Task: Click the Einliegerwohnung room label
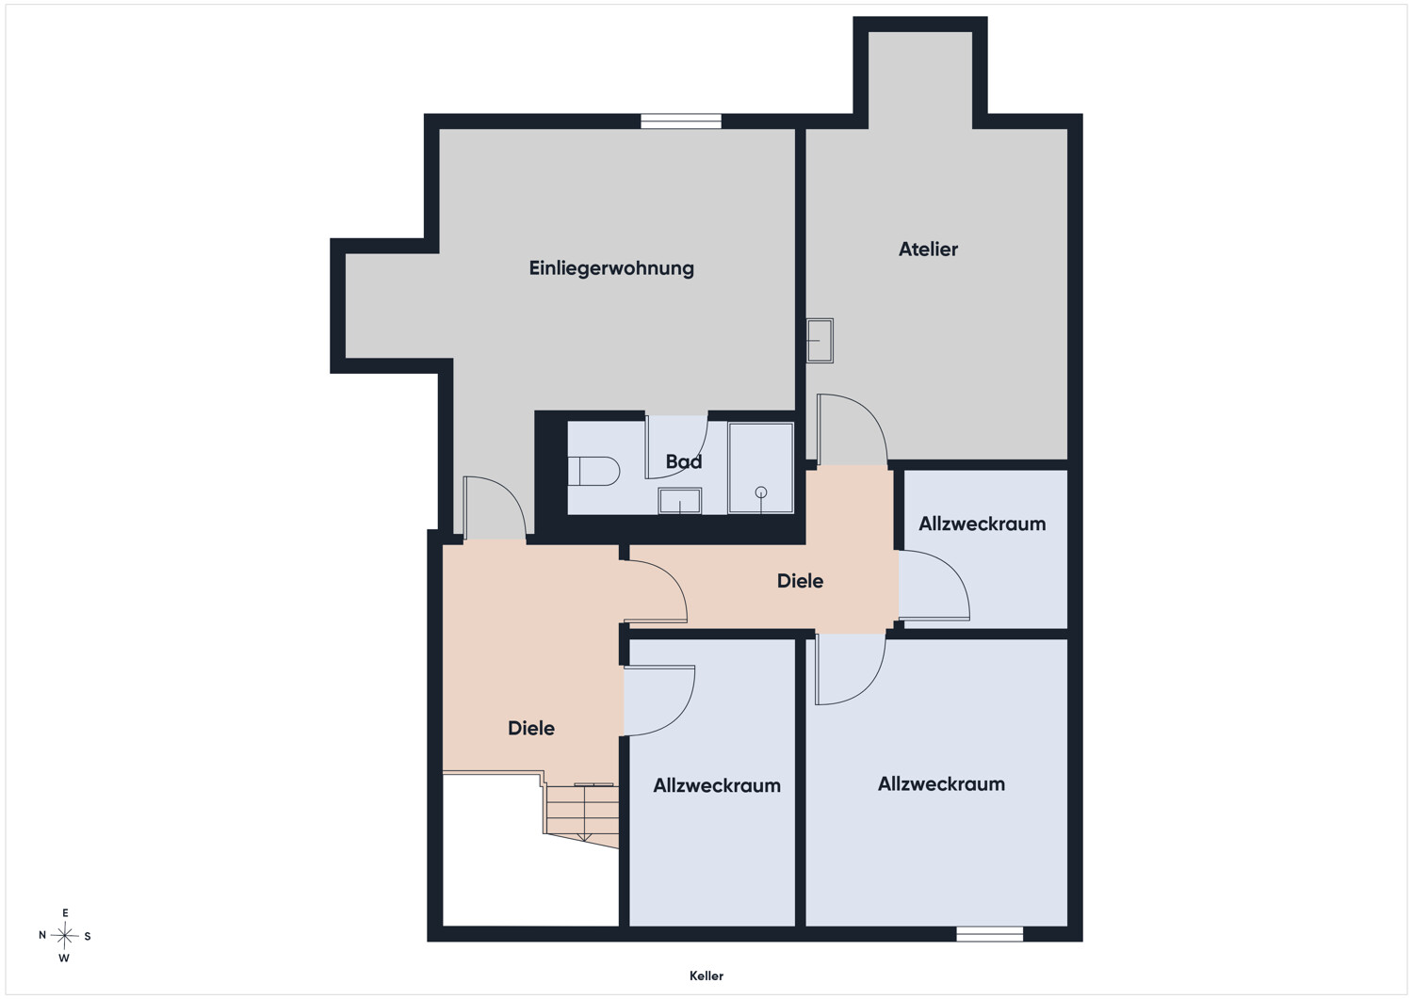tap(611, 268)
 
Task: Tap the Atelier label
tap(928, 250)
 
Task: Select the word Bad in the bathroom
tap(684, 461)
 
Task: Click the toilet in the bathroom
tap(593, 471)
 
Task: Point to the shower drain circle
tap(761, 491)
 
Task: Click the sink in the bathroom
tap(679, 501)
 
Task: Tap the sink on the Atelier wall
tap(820, 341)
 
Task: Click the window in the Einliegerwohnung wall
tap(681, 121)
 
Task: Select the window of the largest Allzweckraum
tap(989, 934)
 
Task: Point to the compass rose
tap(64, 936)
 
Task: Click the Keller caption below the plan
tap(706, 975)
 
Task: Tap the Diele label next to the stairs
tap(531, 729)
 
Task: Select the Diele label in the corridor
tap(800, 581)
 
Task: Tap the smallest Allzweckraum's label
tap(982, 524)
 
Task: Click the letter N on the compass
tap(42, 935)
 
